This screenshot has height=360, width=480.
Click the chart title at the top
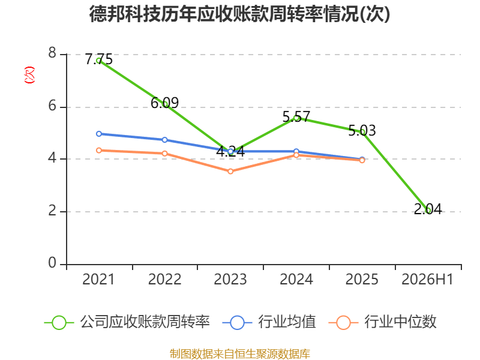coord(239,14)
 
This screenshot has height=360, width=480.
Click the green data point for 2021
coord(99,61)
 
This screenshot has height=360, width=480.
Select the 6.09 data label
coord(164,103)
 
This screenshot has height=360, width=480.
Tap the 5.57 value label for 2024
coord(296,116)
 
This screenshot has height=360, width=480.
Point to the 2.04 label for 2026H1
coord(428,209)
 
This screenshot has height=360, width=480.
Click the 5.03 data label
coord(362,131)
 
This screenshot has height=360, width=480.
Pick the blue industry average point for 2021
coord(99,134)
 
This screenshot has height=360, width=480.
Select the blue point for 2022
coord(164,140)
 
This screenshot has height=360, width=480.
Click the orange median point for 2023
coord(230,172)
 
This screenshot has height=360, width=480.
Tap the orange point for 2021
coord(99,151)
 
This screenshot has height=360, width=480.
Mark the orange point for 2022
coord(164,154)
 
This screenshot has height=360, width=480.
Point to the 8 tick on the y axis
coord(52,53)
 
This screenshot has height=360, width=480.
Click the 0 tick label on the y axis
coord(52,263)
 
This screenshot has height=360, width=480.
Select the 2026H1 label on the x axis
coord(427,280)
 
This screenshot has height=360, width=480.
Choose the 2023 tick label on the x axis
coord(230,280)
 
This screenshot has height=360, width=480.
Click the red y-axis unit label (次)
coord(29,75)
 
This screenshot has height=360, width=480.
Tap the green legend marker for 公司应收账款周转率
coord(59,323)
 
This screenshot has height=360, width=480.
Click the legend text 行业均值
coord(287,322)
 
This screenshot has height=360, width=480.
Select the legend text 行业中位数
coord(400,322)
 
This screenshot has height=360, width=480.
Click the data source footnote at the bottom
coord(240,354)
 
